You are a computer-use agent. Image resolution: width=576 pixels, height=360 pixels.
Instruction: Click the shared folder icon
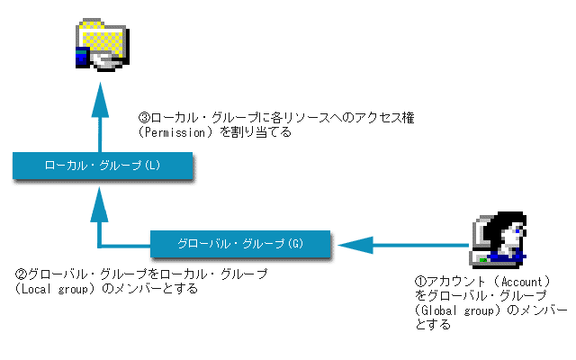pyautogui.click(x=103, y=44)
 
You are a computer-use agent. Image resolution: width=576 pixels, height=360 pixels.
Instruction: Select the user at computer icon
pyautogui.click(x=499, y=240)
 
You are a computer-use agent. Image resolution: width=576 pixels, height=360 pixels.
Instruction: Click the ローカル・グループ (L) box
pyautogui.click(x=103, y=166)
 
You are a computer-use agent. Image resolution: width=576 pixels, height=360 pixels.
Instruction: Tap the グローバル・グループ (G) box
pyautogui.click(x=240, y=244)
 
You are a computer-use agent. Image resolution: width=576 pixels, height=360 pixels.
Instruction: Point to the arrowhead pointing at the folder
pyautogui.click(x=100, y=100)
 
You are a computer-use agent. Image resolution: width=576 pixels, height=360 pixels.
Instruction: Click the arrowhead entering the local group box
pyautogui.click(x=99, y=204)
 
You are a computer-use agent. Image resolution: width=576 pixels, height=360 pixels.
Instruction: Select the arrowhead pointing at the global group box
pyautogui.click(x=355, y=245)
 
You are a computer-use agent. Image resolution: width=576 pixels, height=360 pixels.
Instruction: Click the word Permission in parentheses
pyautogui.click(x=175, y=132)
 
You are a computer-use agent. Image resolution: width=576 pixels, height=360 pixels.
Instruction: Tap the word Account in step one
pyautogui.click(x=522, y=282)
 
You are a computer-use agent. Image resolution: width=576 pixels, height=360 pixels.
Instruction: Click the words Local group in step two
pyautogui.click(x=55, y=289)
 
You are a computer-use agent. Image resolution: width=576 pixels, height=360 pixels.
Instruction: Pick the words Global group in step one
pyautogui.click(x=458, y=310)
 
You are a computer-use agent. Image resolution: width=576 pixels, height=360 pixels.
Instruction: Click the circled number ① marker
pyautogui.click(x=420, y=282)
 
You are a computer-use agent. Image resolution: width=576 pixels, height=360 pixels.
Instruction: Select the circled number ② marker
pyautogui.click(x=21, y=274)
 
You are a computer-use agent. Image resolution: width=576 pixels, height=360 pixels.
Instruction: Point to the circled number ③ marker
pyautogui.click(x=144, y=118)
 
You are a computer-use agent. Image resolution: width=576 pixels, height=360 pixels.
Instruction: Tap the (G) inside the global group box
pyautogui.click(x=296, y=244)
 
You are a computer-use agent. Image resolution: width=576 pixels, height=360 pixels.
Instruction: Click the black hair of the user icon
pyautogui.click(x=504, y=224)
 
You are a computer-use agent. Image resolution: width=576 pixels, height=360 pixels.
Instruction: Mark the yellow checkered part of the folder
pyautogui.click(x=103, y=40)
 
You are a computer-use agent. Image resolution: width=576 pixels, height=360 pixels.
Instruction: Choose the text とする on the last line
pyautogui.click(x=433, y=325)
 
